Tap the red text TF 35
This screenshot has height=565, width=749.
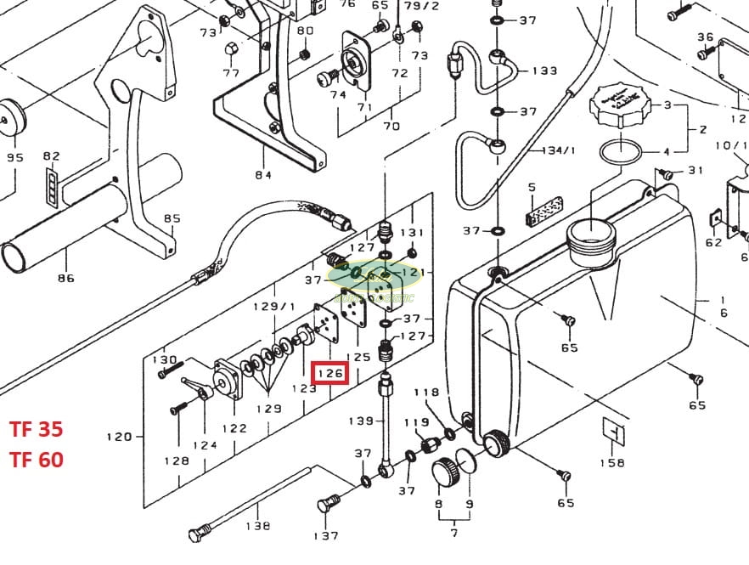click(x=37, y=429)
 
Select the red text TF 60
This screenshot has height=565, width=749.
click(x=37, y=460)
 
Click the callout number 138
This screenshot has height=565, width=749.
click(x=257, y=527)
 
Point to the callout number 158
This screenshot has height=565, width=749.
click(x=611, y=463)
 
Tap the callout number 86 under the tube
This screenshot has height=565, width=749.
click(x=65, y=278)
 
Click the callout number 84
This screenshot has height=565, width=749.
click(x=263, y=175)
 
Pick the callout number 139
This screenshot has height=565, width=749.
click(x=361, y=421)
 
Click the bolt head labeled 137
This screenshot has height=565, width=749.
click(x=328, y=504)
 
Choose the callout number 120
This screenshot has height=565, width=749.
click(x=119, y=437)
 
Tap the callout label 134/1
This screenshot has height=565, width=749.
click(x=559, y=150)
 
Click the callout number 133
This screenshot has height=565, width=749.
click(x=544, y=71)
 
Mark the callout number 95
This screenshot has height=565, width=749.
click(x=15, y=158)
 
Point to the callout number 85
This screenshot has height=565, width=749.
click(x=172, y=218)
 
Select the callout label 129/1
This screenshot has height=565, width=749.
click(x=275, y=306)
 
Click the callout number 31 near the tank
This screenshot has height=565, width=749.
click(x=695, y=171)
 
